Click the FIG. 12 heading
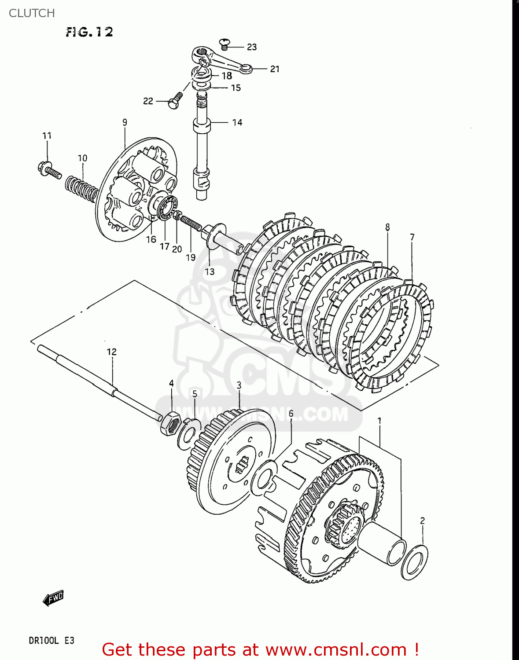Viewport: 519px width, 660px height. coord(89,32)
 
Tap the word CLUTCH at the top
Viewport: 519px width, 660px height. coord(32,13)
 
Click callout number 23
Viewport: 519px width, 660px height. coord(251,47)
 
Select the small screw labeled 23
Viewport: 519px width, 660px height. coord(225,43)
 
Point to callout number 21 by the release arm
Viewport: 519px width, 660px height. coord(275,69)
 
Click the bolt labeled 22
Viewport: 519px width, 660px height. coord(175,101)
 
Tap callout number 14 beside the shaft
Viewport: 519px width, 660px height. coord(237,122)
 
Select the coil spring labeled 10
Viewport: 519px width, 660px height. coord(82,187)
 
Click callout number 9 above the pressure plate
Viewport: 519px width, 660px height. coord(125,122)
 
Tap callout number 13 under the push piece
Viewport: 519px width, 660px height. coord(210,271)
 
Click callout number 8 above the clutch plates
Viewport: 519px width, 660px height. coord(387,227)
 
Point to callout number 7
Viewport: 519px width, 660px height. coord(412,237)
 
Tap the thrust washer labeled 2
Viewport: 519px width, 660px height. coord(414,562)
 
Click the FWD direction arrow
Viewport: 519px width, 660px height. coord(53,598)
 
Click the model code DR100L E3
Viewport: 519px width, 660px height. coord(52,640)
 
